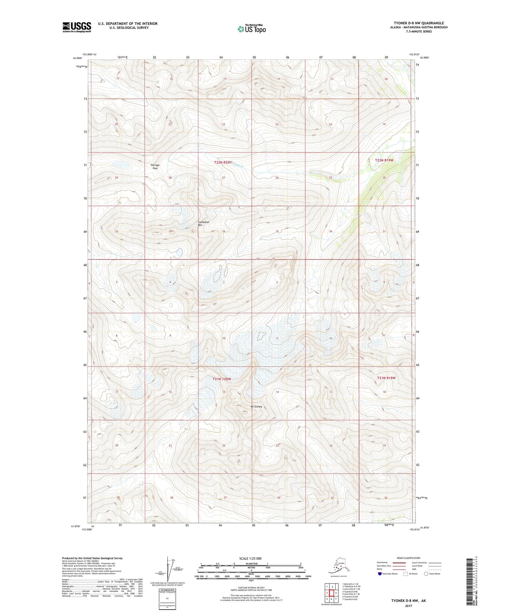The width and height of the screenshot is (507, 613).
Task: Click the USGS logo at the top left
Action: (77, 27)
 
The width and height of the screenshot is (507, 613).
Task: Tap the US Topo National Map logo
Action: (251, 28)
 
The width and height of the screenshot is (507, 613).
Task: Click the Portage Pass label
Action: (155, 166)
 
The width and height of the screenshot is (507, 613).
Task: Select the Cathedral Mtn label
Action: (203, 223)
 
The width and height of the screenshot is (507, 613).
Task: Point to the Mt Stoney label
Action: (256, 406)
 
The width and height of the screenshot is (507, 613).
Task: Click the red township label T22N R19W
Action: (384, 160)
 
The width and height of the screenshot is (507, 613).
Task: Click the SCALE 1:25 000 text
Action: (251, 559)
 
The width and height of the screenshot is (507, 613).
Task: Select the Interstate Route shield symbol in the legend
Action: (380, 574)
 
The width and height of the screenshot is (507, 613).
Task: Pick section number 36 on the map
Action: (330, 231)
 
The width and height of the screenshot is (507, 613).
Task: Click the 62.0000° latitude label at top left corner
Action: (78, 58)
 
